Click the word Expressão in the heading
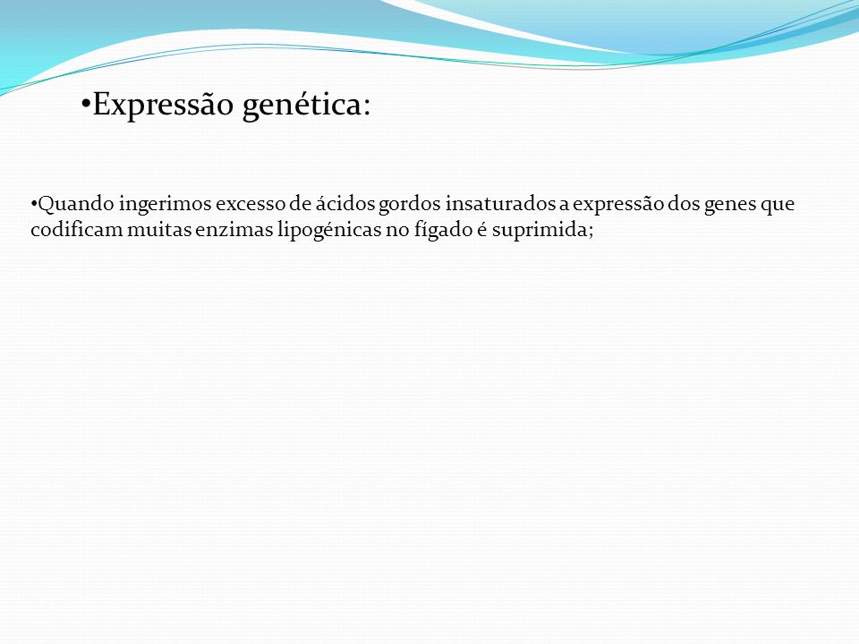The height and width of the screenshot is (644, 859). (163, 105)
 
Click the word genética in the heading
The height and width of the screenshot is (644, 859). (302, 106)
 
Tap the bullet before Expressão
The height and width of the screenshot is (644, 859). (86, 104)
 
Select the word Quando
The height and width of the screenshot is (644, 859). (76, 204)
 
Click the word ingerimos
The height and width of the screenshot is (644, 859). (165, 205)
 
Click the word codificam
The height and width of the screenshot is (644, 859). (77, 229)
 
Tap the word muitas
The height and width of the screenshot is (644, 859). (159, 229)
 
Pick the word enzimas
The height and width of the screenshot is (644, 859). (234, 229)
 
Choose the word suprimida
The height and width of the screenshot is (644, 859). (540, 230)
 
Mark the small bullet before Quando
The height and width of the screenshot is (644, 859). (34, 204)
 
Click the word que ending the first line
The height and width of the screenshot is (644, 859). (777, 207)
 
